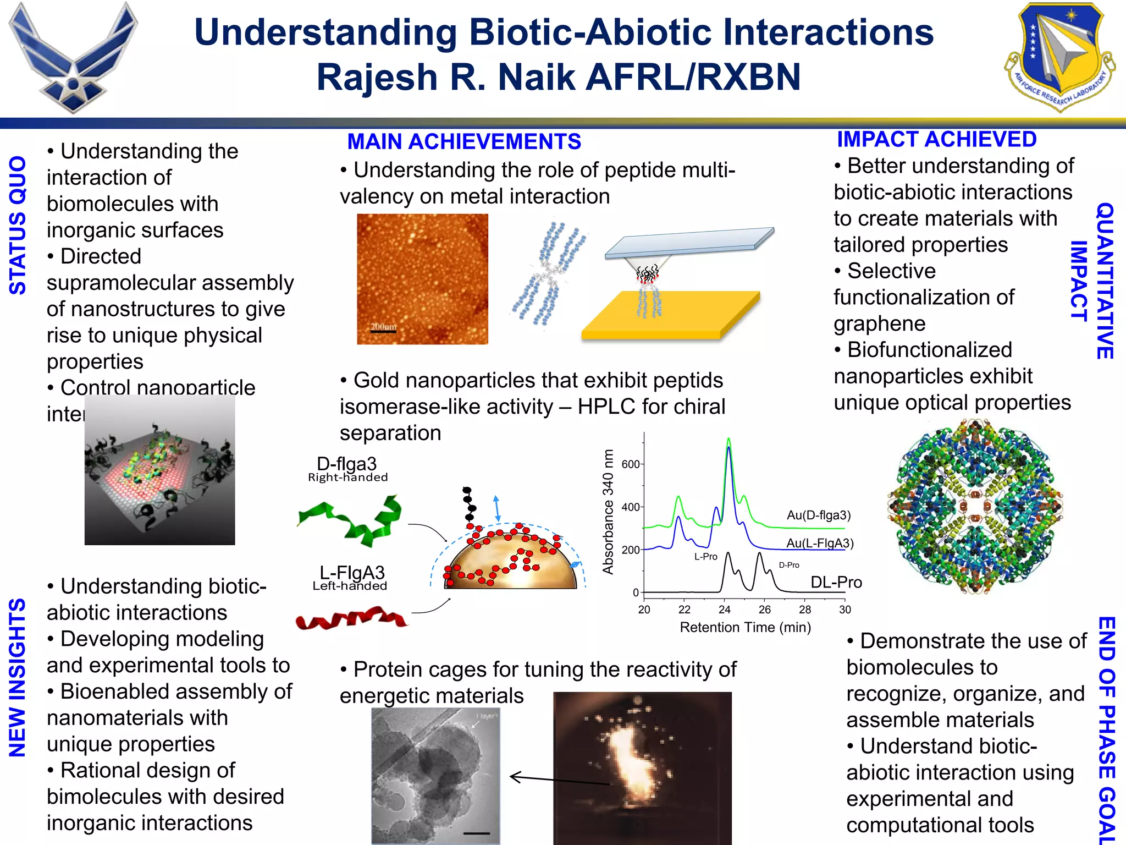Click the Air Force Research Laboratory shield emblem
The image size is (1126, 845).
(1058, 55)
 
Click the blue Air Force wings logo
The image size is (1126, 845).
(73, 58)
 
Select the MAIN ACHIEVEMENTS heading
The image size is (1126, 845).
(464, 142)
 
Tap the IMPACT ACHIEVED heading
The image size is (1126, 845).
(936, 140)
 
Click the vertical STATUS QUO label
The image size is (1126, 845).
(18, 225)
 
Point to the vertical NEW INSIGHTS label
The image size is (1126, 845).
(18, 678)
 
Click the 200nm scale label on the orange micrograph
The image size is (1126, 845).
(383, 327)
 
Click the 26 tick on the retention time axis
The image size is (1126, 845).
(765, 610)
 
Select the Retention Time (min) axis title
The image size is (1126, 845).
(745, 627)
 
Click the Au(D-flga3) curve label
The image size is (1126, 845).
(818, 515)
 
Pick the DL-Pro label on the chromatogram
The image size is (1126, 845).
(836, 583)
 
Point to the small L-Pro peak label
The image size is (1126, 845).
(705, 557)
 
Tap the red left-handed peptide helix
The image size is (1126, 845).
(352, 619)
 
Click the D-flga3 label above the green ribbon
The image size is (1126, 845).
(346, 464)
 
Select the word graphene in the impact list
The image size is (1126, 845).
(879, 324)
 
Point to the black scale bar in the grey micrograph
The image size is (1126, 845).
(476, 833)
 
